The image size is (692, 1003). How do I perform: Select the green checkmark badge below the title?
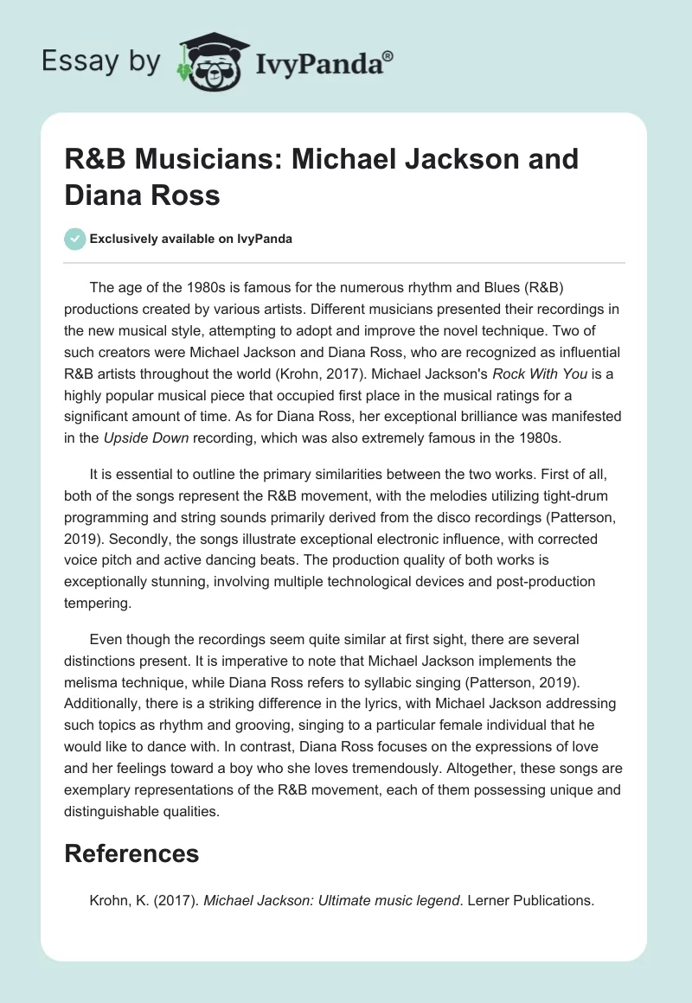tap(75, 239)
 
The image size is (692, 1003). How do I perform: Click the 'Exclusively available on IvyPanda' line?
tap(191, 239)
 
